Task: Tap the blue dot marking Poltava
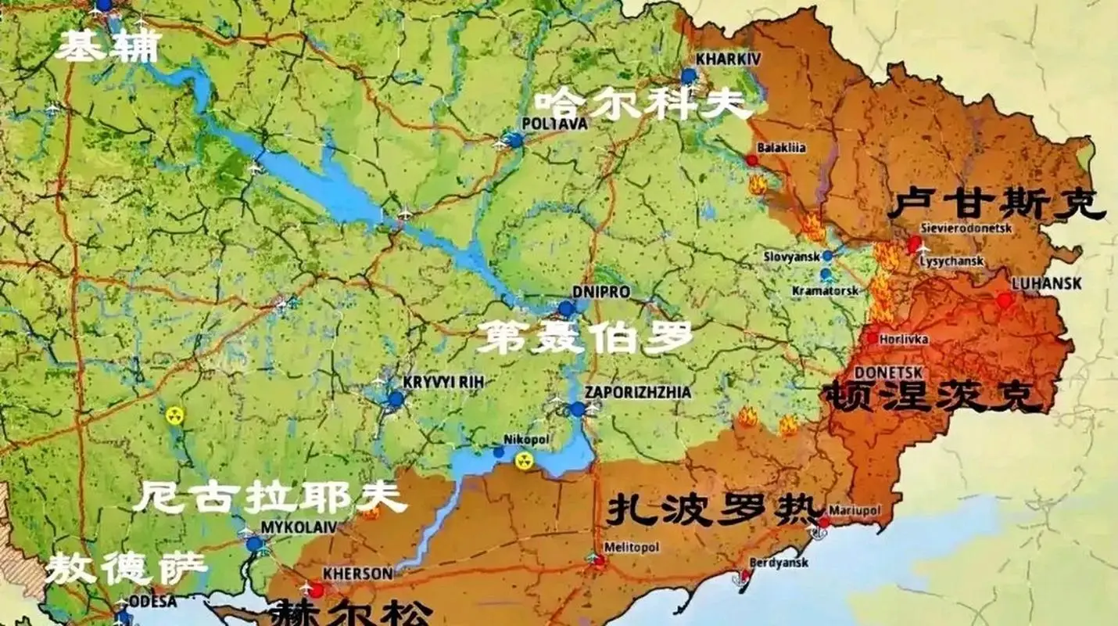(514, 141)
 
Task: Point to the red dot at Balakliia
(751, 160)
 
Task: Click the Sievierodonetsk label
(966, 228)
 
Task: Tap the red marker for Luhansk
(1005, 300)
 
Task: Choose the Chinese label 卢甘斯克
(997, 204)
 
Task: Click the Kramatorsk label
(825, 290)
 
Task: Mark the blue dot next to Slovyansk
(827, 256)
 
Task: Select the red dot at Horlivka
(873, 338)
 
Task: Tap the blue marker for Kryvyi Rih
(396, 399)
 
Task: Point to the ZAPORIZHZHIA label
(639, 392)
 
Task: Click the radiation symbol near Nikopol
(523, 462)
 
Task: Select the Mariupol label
(855, 509)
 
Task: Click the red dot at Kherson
(316, 589)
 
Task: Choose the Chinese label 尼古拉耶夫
(270, 498)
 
